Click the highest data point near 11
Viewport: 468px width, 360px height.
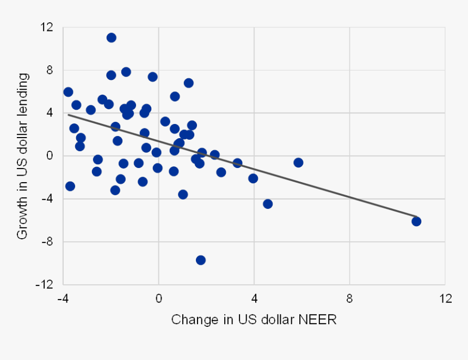pos(111,38)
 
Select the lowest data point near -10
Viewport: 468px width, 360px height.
pos(200,260)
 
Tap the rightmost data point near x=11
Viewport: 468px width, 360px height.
pos(416,221)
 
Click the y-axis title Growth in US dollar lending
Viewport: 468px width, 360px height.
pos(22,156)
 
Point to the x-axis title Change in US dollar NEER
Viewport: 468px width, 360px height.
pos(254,319)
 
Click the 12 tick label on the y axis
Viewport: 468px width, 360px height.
pos(47,27)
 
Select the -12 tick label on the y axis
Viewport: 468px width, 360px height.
pos(45,284)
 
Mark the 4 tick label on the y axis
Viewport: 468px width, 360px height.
pos(50,113)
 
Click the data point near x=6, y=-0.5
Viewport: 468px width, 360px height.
pos(298,162)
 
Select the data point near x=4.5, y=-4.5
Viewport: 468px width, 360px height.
pos(267,204)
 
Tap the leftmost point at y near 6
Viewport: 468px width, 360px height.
pos(68,92)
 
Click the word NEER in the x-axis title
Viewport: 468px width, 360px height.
pos(319,319)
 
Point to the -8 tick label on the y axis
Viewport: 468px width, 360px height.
pos(47,242)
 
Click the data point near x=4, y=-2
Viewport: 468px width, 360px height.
pos(253,178)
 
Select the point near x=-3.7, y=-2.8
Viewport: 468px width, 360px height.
pos(70,186)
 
